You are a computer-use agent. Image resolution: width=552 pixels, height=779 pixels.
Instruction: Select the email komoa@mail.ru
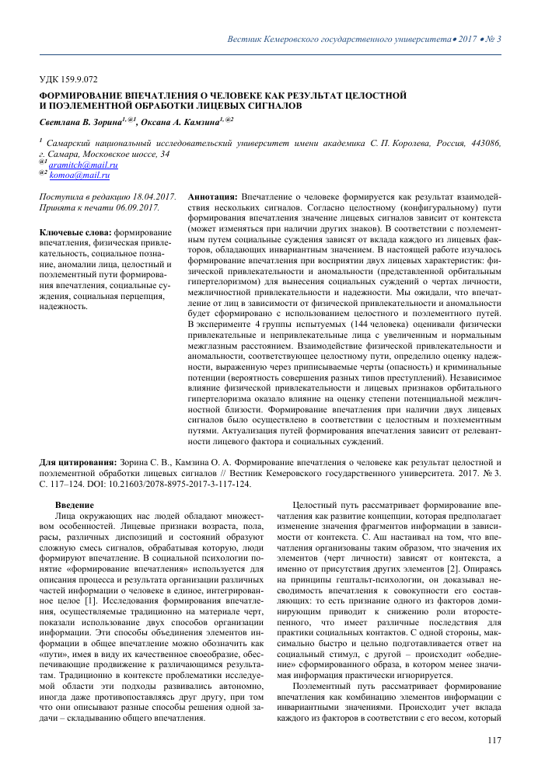coord(79,177)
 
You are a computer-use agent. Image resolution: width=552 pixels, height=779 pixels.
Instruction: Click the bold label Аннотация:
coord(214,198)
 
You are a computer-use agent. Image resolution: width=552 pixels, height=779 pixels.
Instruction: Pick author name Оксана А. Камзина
coord(177,123)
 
